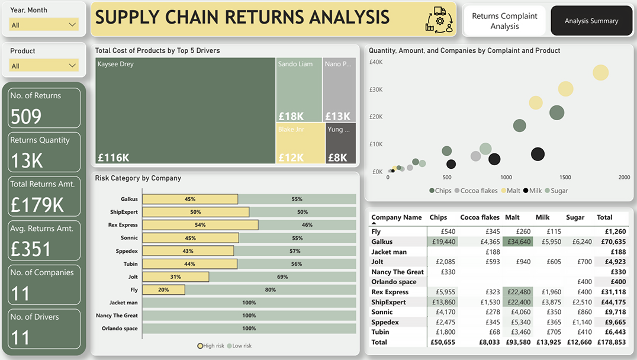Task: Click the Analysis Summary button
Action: coord(591,21)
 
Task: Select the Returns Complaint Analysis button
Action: coord(504,21)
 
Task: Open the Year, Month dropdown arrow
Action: coord(72,25)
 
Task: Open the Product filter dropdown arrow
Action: coord(72,65)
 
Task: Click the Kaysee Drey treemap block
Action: coord(185,111)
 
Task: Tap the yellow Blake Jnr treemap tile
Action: coord(300,143)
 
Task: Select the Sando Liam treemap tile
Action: coord(299,89)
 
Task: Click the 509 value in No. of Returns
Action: coord(26,117)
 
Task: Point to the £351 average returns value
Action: coord(30,249)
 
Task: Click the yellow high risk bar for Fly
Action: coord(164,290)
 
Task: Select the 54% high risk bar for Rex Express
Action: coord(200,224)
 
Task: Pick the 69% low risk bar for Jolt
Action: coord(283,277)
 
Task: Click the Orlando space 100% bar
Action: coord(249,328)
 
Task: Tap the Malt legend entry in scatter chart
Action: coord(511,191)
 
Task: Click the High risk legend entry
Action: coord(211,346)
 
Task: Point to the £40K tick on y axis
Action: coord(376,62)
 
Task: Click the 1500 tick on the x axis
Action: coord(565,177)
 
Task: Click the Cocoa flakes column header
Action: coord(480,217)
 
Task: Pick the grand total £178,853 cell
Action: coord(612,342)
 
